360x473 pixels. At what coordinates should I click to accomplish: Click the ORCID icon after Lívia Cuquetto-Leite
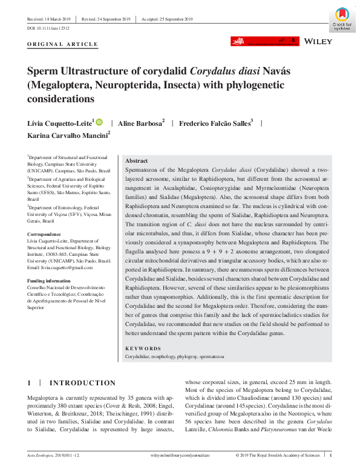99,123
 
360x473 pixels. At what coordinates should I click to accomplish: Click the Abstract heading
136,161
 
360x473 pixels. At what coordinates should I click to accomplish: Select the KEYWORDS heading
143,348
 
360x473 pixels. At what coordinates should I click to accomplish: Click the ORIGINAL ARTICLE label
63,44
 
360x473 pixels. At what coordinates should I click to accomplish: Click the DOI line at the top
48,28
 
